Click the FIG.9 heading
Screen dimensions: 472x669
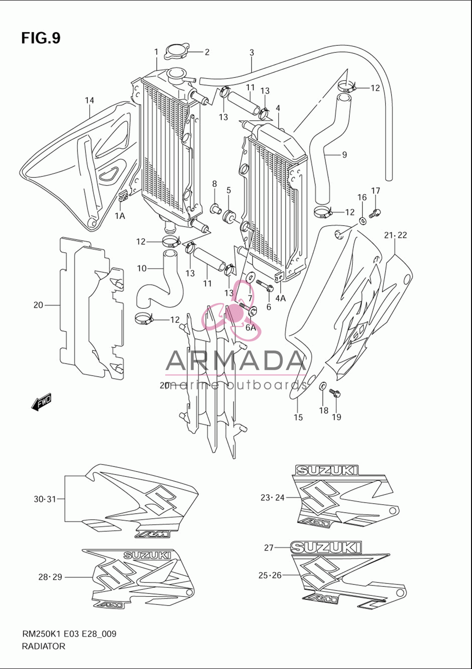41,38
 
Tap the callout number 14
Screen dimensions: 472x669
89,101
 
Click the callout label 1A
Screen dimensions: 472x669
120,216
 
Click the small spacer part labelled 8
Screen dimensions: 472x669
215,208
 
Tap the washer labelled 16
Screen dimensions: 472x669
362,221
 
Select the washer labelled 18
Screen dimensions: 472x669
323,386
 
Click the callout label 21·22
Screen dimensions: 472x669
395,235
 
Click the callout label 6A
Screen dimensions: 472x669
251,328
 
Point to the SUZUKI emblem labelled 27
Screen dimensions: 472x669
326,548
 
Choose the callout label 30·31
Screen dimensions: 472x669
45,499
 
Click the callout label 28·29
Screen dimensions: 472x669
50,577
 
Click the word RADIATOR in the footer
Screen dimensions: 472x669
43,646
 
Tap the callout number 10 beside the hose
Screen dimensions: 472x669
142,269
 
